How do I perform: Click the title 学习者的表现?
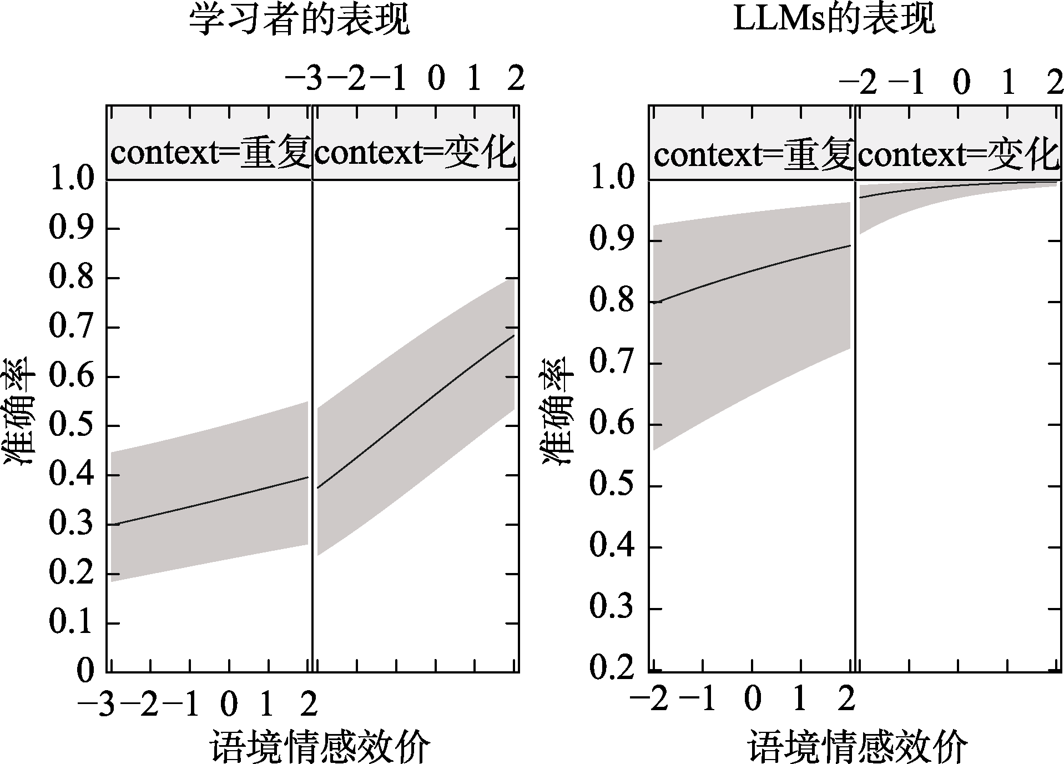tap(300, 21)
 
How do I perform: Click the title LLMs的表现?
tap(834, 20)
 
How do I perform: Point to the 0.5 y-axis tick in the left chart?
tap(72, 426)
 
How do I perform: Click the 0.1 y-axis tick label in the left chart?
tap(72, 623)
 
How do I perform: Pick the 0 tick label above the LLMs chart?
tap(961, 82)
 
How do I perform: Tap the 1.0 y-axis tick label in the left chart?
tap(72, 180)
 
